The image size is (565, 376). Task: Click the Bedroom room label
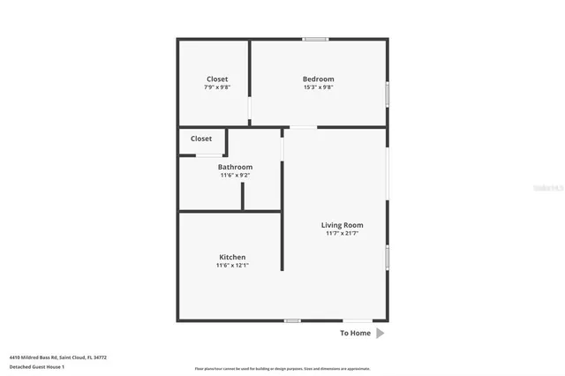pos(319,79)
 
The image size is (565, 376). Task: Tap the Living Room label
pos(342,225)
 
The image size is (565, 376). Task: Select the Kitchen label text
pos(232,257)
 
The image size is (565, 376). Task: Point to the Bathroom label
pos(235,167)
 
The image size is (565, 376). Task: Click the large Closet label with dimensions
pos(217,79)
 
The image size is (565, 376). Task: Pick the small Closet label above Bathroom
pos(201,139)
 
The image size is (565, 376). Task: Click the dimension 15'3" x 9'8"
pos(319,87)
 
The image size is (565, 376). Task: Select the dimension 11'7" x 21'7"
pos(342,234)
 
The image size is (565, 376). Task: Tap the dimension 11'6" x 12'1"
pos(232,266)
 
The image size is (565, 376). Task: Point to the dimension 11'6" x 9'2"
pos(235,176)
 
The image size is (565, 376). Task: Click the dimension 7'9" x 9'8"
pos(217,87)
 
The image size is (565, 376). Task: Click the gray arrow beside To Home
pos(380,334)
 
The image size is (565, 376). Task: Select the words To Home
pos(356,334)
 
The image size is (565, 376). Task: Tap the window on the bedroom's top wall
pos(316,39)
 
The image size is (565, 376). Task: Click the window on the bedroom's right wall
pos(387,94)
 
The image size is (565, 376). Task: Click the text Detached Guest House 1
pos(37,366)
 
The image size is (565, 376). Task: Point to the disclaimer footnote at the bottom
pos(282,369)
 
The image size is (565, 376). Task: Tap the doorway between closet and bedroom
pos(250,109)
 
